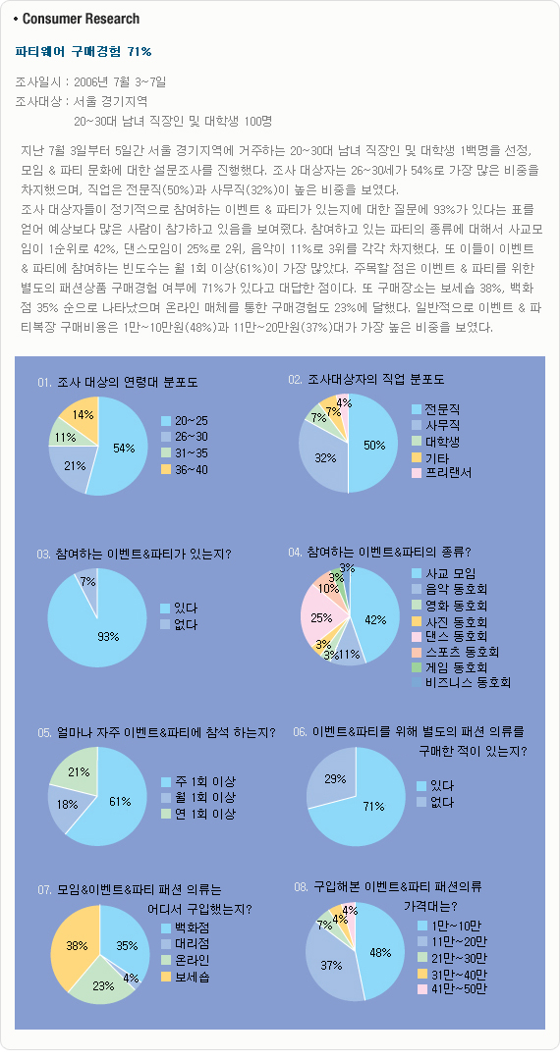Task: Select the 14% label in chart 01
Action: point(83,415)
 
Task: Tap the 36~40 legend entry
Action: point(185,469)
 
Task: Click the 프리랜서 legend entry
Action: point(441,472)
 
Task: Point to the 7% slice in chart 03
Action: point(87,588)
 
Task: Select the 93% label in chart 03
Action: point(107,636)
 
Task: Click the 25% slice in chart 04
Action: point(321,616)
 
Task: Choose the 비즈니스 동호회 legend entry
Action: point(461,682)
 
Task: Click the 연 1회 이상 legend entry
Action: point(198,815)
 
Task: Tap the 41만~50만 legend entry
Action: point(449,988)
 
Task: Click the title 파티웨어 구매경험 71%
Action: point(84,51)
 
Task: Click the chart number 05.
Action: point(44,732)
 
